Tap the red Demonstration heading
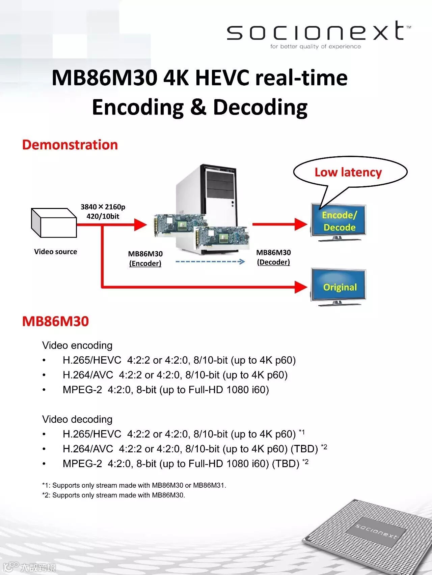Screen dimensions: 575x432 click(x=70, y=145)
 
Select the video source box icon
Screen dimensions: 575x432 click(x=54, y=223)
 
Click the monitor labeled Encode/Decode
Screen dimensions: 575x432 click(x=338, y=222)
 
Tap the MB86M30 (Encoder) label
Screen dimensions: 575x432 click(x=145, y=259)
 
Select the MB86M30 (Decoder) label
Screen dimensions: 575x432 click(x=273, y=257)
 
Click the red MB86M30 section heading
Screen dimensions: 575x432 click(x=55, y=321)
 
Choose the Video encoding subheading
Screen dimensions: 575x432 click(x=77, y=345)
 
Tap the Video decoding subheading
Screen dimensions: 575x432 click(x=77, y=419)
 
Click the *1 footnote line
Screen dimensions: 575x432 click(x=134, y=485)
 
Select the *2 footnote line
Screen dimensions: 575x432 click(x=113, y=495)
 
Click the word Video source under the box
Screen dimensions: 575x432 click(x=56, y=252)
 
